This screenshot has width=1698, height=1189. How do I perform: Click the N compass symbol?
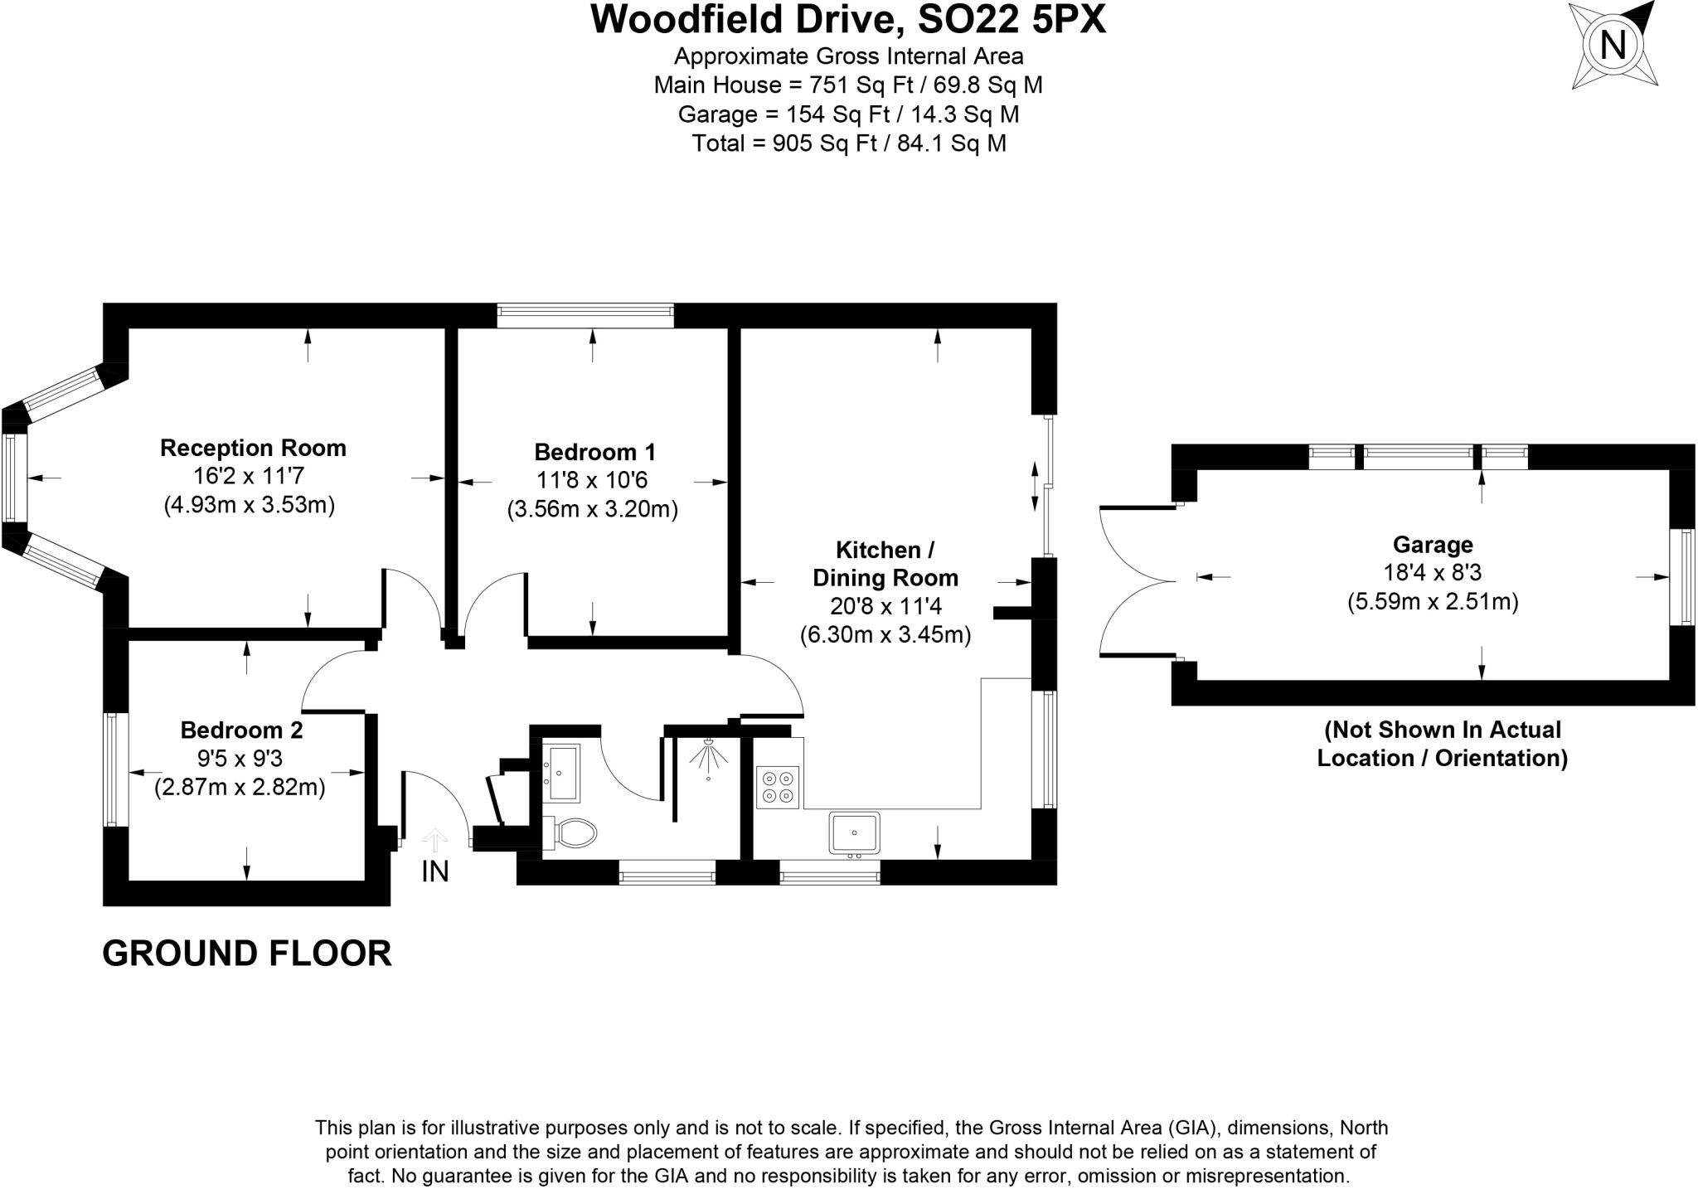point(1613,44)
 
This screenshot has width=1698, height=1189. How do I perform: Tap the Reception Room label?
point(253,448)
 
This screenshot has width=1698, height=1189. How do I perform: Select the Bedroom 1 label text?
point(594,452)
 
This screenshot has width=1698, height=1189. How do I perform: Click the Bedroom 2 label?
point(241,730)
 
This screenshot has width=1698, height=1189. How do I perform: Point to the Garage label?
point(1433,544)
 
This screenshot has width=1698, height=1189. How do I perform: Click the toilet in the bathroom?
point(571,832)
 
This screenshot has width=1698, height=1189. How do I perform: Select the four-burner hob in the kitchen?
point(778,788)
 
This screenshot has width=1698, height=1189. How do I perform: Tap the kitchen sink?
point(854,832)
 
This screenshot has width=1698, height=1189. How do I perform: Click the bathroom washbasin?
point(563,772)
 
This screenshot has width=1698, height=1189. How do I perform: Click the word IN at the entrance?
point(435,871)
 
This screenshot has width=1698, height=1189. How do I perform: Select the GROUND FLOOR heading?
point(246,954)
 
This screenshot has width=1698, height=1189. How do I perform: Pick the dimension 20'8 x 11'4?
point(885,606)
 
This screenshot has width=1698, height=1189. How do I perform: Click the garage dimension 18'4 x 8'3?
point(1433,573)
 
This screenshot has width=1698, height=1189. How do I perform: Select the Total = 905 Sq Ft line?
point(848,143)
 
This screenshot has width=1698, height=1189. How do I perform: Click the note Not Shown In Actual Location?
point(1442,744)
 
